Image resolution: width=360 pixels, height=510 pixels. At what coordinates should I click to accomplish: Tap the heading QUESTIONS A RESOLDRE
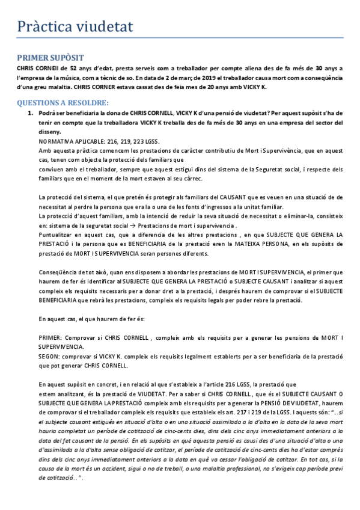tap(63, 102)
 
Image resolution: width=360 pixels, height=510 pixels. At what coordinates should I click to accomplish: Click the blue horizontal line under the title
tap(180, 38)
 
